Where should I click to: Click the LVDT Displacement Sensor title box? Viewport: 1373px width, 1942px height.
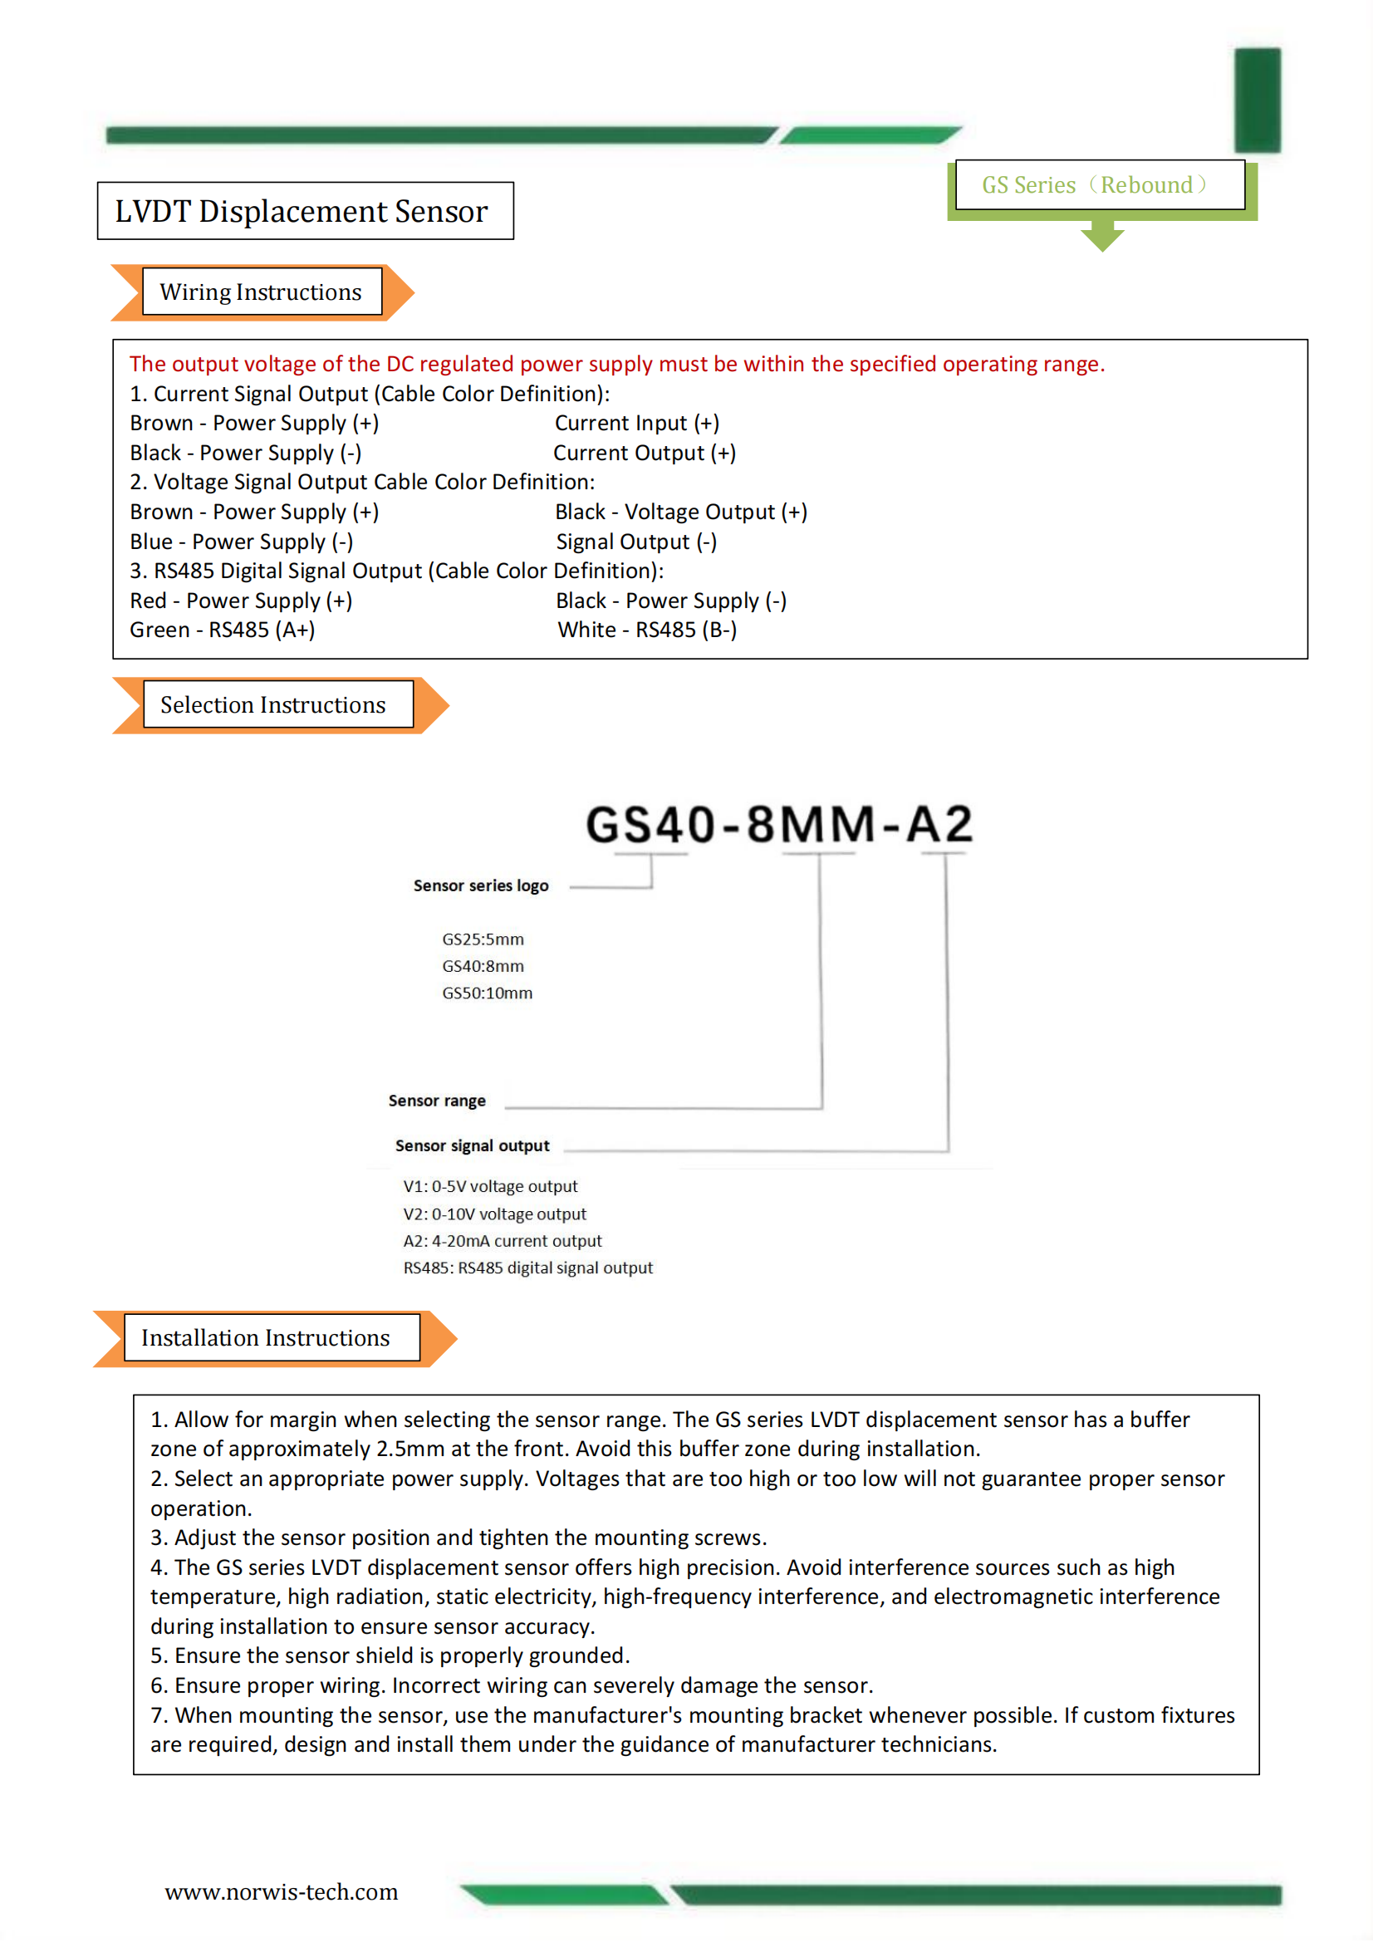pyautogui.click(x=305, y=211)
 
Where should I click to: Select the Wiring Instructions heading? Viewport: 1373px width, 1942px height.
pyautogui.click(x=262, y=292)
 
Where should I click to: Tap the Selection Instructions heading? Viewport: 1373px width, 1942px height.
pyautogui.click(x=273, y=704)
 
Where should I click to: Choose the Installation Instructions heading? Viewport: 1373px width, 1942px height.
pyautogui.click(x=266, y=1337)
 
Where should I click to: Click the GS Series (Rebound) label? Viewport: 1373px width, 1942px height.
pyautogui.click(x=1098, y=184)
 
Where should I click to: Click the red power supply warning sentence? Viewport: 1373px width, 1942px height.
pyautogui.click(x=616, y=364)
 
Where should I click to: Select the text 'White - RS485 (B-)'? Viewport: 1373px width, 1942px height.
pyautogui.click(x=647, y=630)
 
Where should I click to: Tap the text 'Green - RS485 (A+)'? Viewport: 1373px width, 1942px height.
pyautogui.click(x=223, y=630)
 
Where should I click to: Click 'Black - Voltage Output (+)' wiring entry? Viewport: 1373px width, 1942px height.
pyautogui.click(x=681, y=512)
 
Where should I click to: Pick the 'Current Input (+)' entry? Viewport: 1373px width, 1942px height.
pyautogui.click(x=637, y=423)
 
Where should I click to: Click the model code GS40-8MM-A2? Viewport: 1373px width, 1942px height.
pyautogui.click(x=779, y=825)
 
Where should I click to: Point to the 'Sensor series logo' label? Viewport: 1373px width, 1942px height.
pyautogui.click(x=480, y=885)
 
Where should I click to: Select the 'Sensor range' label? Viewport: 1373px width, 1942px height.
pyautogui.click(x=437, y=1101)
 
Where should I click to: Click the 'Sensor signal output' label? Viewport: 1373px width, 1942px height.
pyautogui.click(x=472, y=1145)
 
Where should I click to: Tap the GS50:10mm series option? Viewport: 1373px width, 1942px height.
pyautogui.click(x=488, y=993)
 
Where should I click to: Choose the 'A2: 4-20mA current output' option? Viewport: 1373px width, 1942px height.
pyautogui.click(x=503, y=1241)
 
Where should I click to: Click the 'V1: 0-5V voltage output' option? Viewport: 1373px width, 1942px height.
pyautogui.click(x=491, y=1187)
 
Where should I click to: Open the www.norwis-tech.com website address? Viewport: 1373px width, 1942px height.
pyautogui.click(x=281, y=1892)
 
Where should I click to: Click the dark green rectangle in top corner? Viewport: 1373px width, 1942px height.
pyautogui.click(x=1257, y=100)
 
